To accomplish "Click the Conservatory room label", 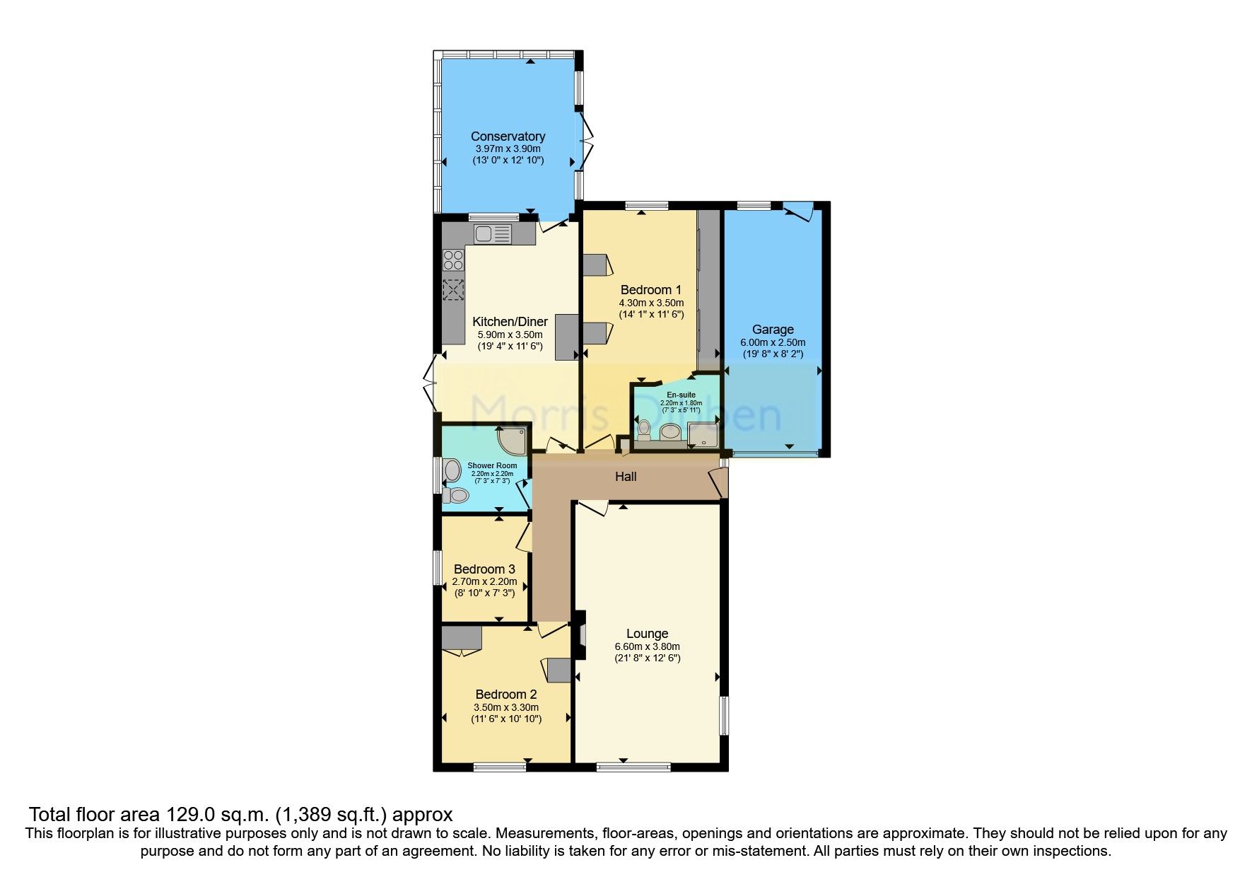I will point(508,137).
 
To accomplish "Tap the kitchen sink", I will point(492,233).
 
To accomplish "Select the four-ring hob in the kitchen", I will point(453,260).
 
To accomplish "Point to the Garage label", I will point(773,330).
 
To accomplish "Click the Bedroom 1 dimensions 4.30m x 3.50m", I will point(650,303).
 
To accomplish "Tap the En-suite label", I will point(681,395).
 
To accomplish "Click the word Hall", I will point(626,477).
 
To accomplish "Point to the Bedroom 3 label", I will point(484,569).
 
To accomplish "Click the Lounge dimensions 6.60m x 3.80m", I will point(647,646).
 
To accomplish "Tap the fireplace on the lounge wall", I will point(581,634).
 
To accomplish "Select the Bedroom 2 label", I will point(506,695).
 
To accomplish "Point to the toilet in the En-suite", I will point(644,429).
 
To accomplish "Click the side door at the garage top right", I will point(801,211).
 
